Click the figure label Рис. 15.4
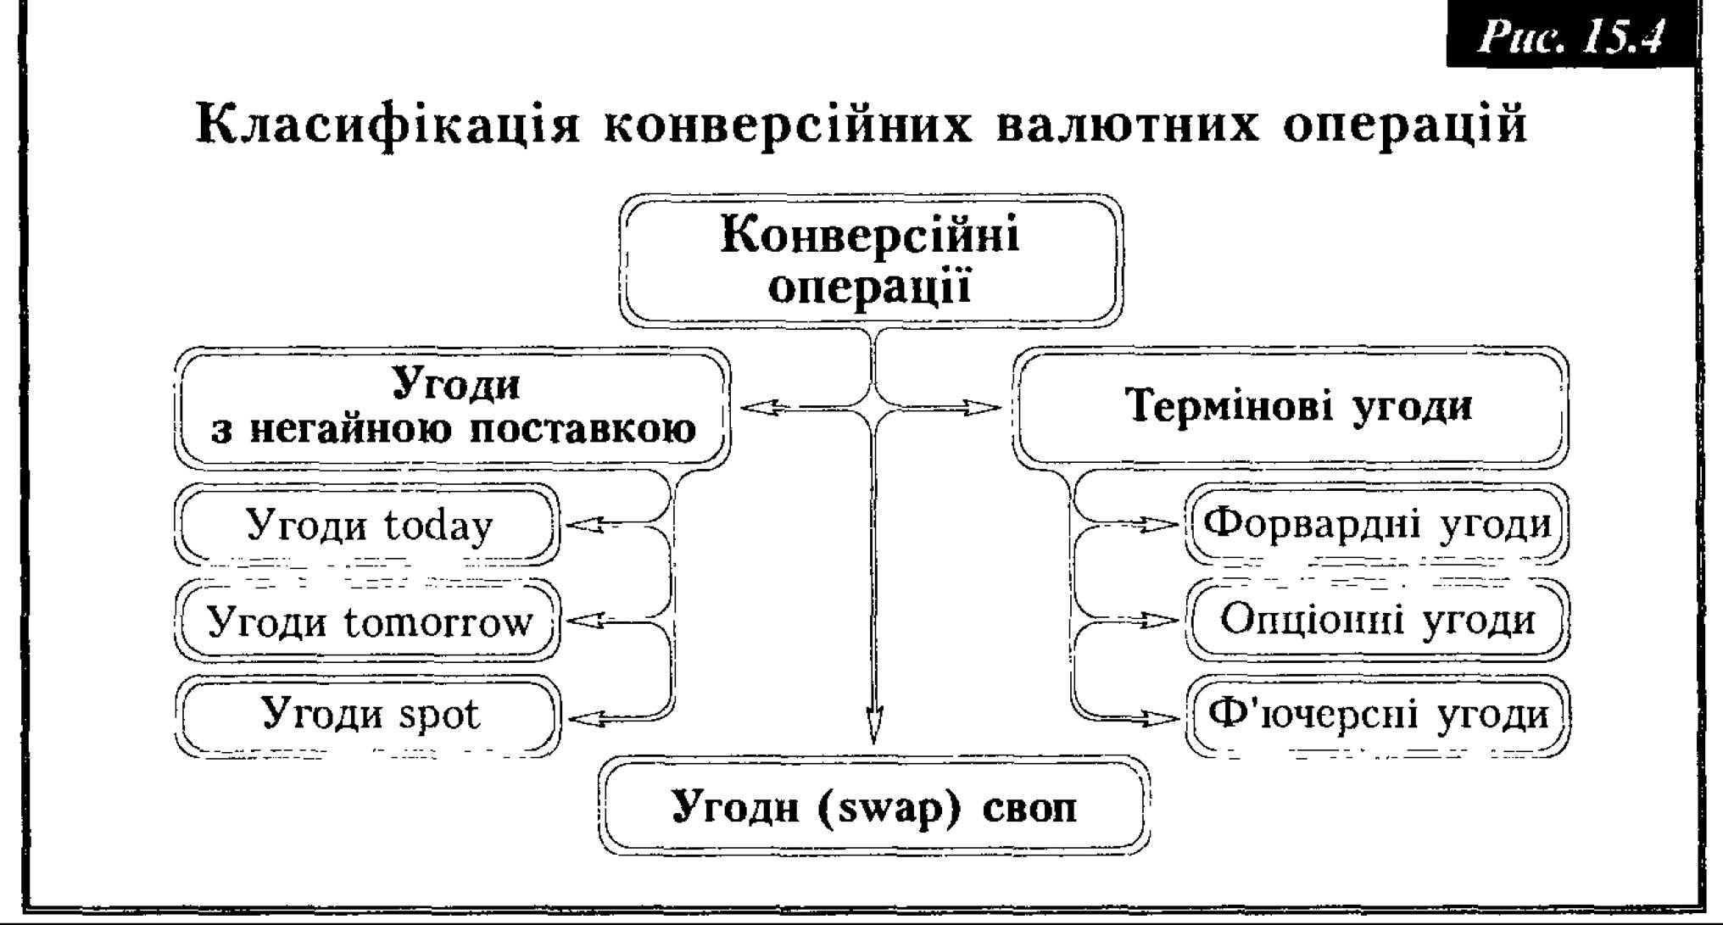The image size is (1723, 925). (x=1573, y=37)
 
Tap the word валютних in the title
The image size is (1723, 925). (x=1128, y=124)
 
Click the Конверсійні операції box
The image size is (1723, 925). (x=871, y=259)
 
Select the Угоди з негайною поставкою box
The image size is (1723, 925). (x=453, y=408)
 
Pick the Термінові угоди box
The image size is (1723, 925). (x=1291, y=406)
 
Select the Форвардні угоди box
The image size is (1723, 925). (x=1377, y=524)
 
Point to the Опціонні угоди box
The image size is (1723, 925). (x=1377, y=620)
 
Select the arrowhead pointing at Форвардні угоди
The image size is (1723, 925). (x=1159, y=526)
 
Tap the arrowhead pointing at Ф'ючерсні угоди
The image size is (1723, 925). (x=1159, y=719)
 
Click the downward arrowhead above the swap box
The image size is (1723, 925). (x=873, y=724)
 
